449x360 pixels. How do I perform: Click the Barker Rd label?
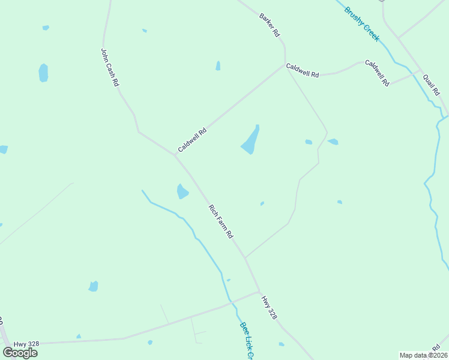click(x=270, y=25)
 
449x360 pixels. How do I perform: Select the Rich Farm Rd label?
click(x=220, y=221)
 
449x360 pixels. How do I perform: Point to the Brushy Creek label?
click(x=362, y=23)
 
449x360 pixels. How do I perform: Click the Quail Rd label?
click(x=431, y=85)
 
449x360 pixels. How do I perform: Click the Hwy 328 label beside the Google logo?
click(x=27, y=344)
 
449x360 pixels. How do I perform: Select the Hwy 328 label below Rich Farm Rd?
click(x=269, y=307)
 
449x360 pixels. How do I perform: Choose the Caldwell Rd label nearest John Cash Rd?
click(x=192, y=139)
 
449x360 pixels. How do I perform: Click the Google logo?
click(x=20, y=352)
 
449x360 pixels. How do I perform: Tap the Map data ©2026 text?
click(x=423, y=355)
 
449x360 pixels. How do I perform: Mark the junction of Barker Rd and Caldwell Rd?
click(x=285, y=64)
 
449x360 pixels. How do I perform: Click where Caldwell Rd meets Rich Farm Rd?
click(x=175, y=155)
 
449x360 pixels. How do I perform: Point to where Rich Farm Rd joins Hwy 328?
click(x=259, y=292)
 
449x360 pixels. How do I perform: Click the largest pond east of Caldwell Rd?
click(x=250, y=140)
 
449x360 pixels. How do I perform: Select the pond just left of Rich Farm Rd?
click(x=182, y=191)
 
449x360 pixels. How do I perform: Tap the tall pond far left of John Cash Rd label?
click(x=43, y=73)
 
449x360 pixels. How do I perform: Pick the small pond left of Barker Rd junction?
click(x=218, y=65)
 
